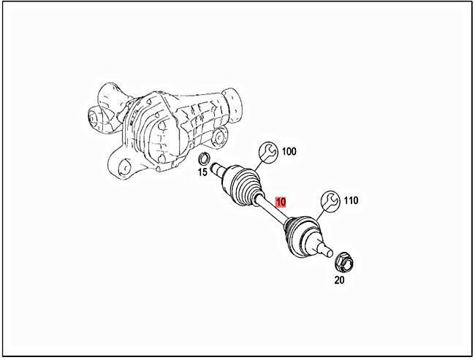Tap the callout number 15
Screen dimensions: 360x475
[x=202, y=172]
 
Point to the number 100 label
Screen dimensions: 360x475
[x=289, y=152]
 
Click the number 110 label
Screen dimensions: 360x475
[x=350, y=199]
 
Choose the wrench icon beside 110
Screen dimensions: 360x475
[x=330, y=200]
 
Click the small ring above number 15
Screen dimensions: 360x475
[x=206, y=160]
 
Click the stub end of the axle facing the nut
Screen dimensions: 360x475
[x=324, y=250]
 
